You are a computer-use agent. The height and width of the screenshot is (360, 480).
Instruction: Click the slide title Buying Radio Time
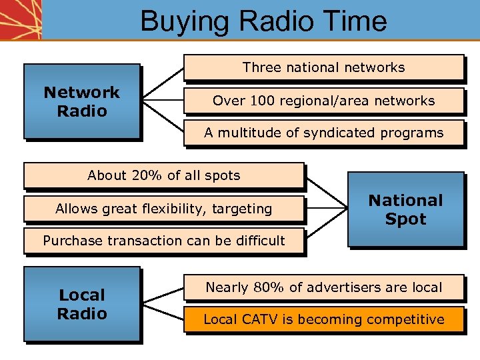pos(263,21)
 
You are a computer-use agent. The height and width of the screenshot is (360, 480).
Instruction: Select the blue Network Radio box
pos(81,101)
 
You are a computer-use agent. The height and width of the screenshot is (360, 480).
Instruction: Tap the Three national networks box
pos(323,67)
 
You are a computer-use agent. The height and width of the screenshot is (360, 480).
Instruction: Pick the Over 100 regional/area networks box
pos(323,101)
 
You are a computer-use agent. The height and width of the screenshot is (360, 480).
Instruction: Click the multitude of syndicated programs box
pos(323,133)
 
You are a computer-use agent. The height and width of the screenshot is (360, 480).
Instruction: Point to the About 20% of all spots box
pos(163,176)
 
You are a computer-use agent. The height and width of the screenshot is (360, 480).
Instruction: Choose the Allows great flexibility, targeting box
pos(163,209)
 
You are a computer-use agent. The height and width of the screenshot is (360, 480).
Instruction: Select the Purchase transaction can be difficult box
pos(163,241)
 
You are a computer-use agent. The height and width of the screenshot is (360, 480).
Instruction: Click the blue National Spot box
pos(405,209)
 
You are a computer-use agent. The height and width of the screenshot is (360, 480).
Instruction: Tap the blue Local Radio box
pos(81,304)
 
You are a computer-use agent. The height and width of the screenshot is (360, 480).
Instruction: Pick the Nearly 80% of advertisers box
pos(323,287)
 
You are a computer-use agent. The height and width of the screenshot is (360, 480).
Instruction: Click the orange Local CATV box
pos(323,319)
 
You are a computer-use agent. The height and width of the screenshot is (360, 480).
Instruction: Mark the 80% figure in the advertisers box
pos(271,287)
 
